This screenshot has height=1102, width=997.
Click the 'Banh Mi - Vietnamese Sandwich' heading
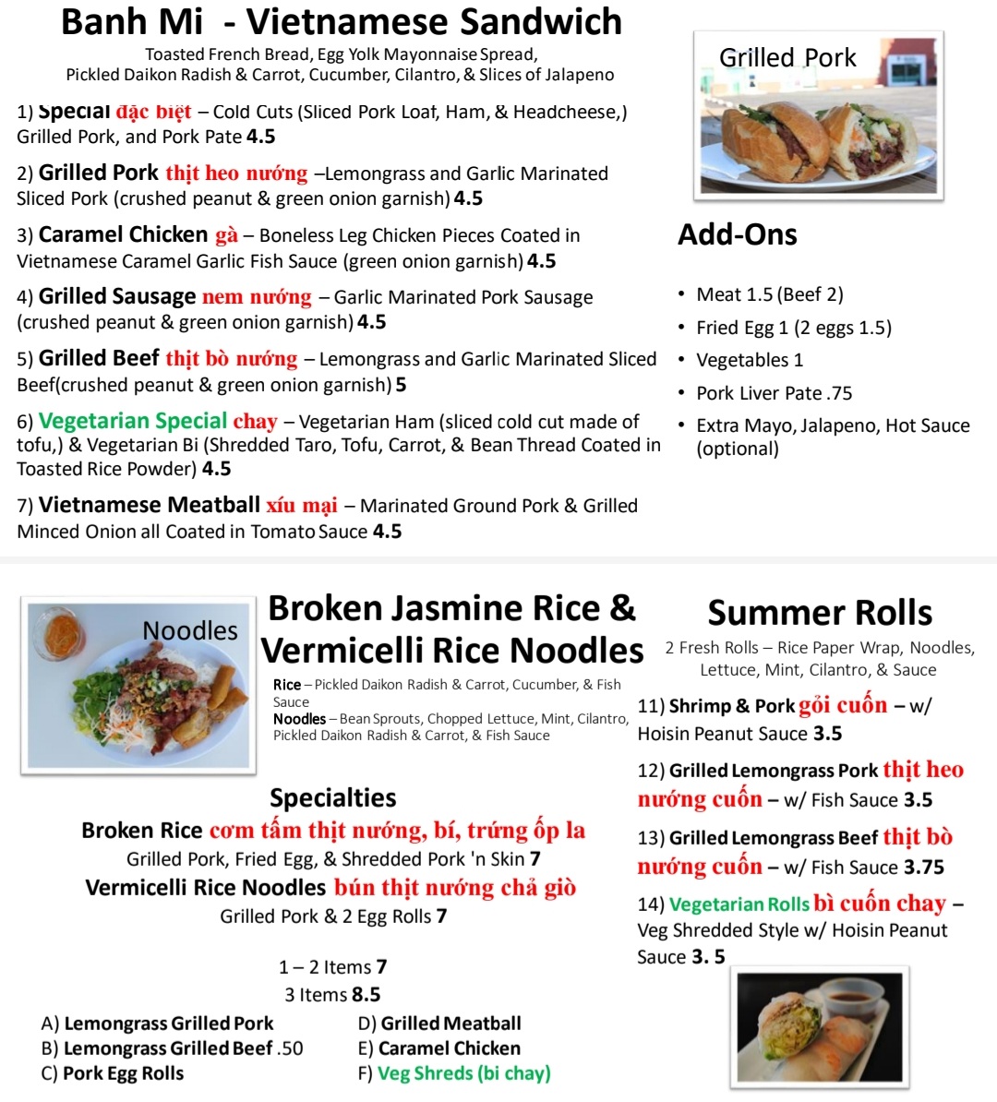tap(342, 22)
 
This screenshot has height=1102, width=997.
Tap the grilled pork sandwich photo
tap(818, 116)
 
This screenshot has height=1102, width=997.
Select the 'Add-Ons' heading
tap(737, 234)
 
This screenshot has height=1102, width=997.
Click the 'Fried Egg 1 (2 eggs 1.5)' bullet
tap(793, 328)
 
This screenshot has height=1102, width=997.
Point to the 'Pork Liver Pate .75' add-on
tap(774, 393)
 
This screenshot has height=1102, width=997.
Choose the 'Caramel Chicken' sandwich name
tap(123, 235)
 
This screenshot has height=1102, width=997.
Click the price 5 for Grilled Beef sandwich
tap(401, 384)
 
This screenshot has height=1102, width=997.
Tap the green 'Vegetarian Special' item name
tap(133, 422)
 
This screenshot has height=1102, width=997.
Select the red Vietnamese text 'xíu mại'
tap(302, 506)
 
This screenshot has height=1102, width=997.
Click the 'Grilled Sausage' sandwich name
tap(117, 297)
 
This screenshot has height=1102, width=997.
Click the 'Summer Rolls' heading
tap(820, 613)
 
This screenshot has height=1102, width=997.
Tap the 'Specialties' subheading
tap(332, 797)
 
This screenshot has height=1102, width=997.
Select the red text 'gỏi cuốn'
tap(842, 706)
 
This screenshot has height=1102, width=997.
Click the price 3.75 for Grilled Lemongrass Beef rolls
tap(924, 868)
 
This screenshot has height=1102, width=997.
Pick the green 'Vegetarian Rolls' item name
tap(739, 904)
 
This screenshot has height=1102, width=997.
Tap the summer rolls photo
tap(819, 1026)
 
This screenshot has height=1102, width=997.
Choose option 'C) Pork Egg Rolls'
tap(113, 1073)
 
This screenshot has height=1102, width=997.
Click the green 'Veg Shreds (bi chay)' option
tap(463, 1073)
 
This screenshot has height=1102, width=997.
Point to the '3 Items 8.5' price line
tap(332, 995)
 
